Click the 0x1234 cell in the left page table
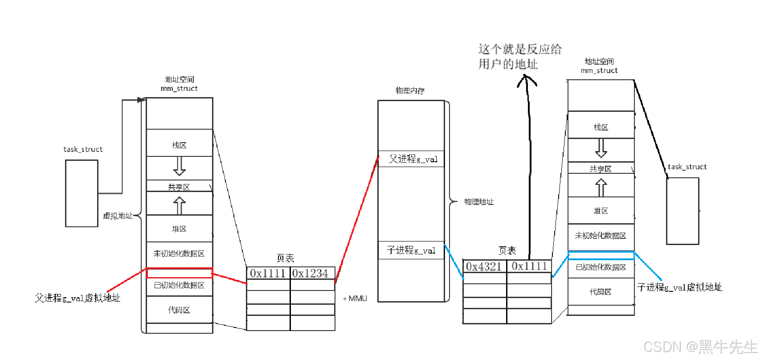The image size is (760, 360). click(x=312, y=273)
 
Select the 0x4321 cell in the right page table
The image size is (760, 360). click(x=484, y=266)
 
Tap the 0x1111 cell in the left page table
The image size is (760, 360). click(x=268, y=273)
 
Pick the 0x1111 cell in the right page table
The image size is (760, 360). click(x=529, y=266)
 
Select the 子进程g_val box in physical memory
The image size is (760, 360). click(x=411, y=250)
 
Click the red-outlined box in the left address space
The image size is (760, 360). click(x=180, y=273)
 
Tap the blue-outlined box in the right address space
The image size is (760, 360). click(x=601, y=256)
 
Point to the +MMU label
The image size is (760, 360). click(x=355, y=299)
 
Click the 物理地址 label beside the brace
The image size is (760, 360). click(x=479, y=202)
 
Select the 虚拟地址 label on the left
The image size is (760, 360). click(x=118, y=216)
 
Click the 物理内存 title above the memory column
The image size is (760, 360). click(x=410, y=91)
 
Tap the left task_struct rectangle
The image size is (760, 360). click(x=82, y=193)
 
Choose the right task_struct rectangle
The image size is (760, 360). click(x=682, y=211)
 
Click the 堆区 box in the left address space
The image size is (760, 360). click(x=180, y=229)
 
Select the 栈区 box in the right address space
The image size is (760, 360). click(x=601, y=127)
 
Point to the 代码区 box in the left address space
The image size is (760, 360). click(x=180, y=310)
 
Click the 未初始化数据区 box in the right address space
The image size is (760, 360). click(x=601, y=236)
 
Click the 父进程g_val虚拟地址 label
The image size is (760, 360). click(x=78, y=298)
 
